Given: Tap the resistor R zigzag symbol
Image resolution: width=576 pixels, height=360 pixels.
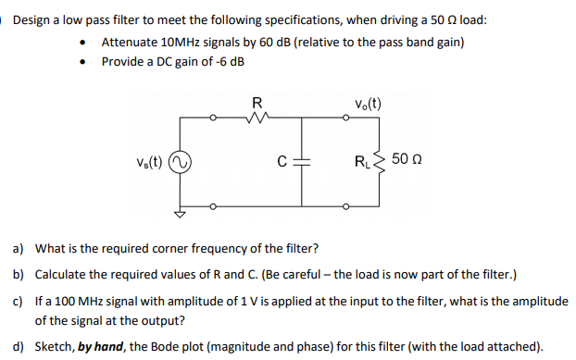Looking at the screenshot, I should (x=257, y=118).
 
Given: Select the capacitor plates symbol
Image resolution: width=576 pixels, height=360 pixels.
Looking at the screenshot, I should (x=302, y=163).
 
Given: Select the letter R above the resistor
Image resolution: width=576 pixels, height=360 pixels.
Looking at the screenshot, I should (x=257, y=102).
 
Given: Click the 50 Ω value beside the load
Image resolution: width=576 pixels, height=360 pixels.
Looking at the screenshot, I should (x=407, y=162).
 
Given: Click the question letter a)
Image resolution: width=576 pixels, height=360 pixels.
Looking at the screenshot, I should (x=18, y=249).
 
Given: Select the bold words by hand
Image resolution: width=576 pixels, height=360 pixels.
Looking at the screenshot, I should (x=105, y=346).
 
